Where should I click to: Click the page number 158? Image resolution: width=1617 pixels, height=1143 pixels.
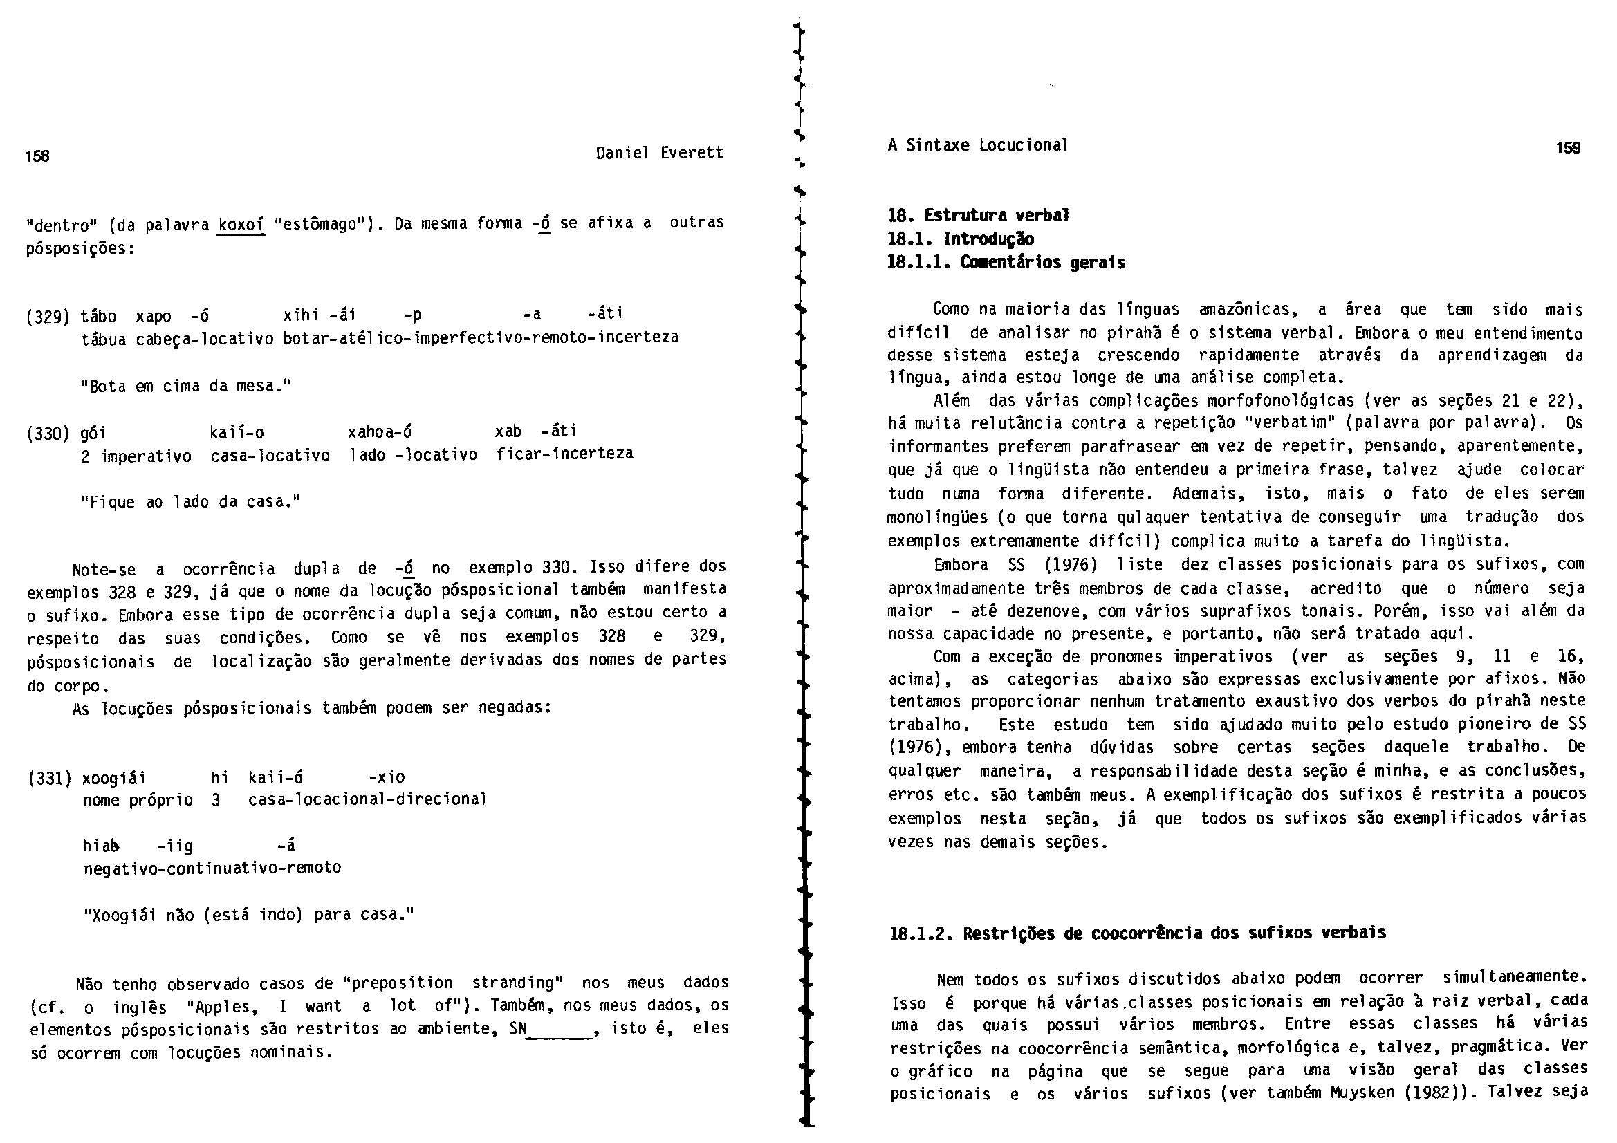coord(37,156)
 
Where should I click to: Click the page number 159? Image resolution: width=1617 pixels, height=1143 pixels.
coord(1569,148)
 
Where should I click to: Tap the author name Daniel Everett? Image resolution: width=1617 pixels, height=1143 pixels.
coord(659,153)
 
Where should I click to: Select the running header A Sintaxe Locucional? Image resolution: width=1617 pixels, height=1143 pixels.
coord(977,146)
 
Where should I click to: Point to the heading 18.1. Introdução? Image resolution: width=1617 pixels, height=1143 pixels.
coord(960,239)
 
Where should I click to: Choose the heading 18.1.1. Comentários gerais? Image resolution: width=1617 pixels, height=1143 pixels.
coord(1006,263)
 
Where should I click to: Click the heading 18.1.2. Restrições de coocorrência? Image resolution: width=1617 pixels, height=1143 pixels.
coord(1138,933)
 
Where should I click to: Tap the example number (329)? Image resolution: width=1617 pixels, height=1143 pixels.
coord(48,316)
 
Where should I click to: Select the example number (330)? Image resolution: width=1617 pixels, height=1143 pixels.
coord(48,432)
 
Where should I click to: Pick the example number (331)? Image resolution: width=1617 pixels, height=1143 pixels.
coord(49,778)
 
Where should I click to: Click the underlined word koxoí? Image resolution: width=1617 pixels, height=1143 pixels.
coord(241,225)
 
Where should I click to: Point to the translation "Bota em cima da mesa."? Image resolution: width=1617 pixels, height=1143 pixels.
coord(186,386)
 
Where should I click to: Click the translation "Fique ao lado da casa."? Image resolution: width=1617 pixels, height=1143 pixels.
coord(191,502)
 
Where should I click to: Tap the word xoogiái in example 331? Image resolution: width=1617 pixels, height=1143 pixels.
coord(114,778)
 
